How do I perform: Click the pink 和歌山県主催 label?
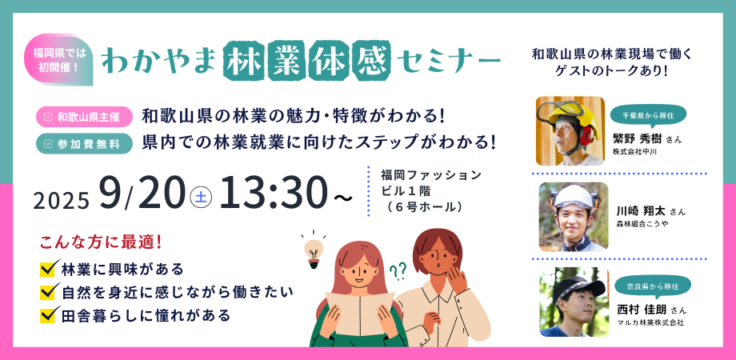(x=83, y=118)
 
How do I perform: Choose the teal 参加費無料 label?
(x=83, y=144)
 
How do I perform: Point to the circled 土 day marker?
(x=201, y=197)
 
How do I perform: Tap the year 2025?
(x=61, y=201)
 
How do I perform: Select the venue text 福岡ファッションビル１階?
(x=431, y=183)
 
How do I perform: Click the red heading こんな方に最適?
(x=101, y=242)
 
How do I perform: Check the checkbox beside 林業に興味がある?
(x=50, y=268)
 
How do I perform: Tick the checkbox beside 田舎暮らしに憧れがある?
(x=50, y=314)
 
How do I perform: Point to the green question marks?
(x=398, y=271)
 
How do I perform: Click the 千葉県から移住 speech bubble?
(x=648, y=115)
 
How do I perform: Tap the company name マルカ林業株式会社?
(x=650, y=323)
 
